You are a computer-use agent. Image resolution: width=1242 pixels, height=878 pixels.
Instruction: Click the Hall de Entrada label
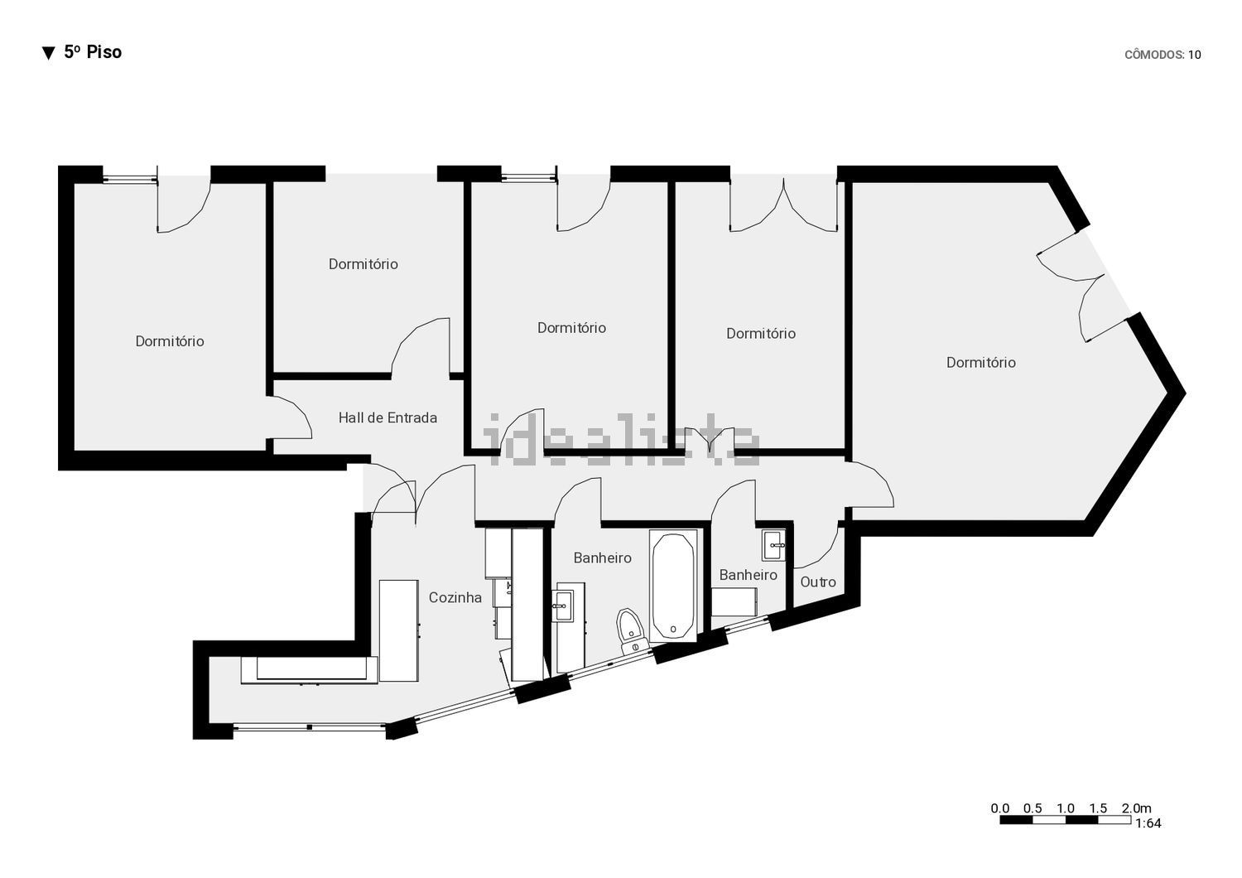[388, 417]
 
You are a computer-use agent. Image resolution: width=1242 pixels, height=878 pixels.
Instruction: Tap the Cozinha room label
[455, 597]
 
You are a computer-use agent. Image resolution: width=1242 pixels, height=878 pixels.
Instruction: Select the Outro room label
[818, 581]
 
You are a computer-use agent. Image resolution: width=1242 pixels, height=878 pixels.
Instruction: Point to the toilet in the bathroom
[631, 631]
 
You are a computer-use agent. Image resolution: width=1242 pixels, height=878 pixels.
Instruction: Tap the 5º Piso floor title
[93, 52]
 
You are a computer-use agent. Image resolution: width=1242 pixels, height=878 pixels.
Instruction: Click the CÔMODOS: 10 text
[1163, 55]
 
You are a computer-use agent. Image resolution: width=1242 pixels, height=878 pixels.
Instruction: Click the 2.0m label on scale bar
[1136, 808]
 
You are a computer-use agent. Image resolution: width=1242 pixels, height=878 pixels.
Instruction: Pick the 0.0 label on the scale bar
[999, 808]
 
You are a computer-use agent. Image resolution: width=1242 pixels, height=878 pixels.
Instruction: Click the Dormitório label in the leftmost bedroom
[170, 341]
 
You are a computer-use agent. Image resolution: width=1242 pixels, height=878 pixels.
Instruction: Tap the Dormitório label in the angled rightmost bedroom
[981, 363]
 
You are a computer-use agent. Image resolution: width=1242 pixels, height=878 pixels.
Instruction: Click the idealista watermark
[621, 439]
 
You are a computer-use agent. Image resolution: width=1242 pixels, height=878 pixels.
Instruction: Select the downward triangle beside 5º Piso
[49, 53]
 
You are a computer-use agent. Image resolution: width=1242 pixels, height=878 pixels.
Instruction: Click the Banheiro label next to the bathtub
[602, 558]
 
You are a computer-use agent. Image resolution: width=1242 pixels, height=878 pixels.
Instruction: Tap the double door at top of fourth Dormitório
[783, 205]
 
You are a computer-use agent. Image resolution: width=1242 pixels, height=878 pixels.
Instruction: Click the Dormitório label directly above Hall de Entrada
[363, 264]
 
